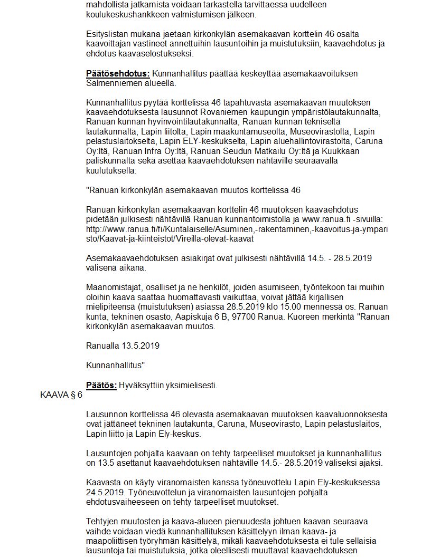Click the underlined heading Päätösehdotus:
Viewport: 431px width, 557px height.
(x=118, y=74)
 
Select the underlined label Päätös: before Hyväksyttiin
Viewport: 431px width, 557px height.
(x=101, y=386)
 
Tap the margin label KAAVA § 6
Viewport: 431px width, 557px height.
(x=61, y=395)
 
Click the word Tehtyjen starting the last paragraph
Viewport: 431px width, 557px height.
(x=103, y=522)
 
